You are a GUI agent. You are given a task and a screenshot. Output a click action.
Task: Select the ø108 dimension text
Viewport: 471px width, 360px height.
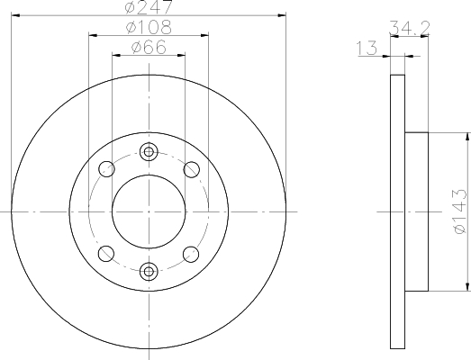(149, 28)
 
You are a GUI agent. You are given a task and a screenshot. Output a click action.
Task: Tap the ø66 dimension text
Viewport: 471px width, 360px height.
(149, 48)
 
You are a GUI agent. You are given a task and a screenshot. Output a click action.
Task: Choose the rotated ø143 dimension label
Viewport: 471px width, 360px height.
(458, 212)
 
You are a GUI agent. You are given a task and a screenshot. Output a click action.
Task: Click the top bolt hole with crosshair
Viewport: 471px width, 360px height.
(149, 152)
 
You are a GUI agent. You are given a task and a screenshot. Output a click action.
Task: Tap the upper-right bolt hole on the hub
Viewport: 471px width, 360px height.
(191, 168)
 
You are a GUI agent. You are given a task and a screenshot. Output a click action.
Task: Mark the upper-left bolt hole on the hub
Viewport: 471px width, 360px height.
(107, 168)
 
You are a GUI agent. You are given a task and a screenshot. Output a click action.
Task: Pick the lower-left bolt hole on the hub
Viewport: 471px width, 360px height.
(107, 253)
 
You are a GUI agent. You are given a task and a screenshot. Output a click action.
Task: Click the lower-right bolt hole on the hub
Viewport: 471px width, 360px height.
(191, 253)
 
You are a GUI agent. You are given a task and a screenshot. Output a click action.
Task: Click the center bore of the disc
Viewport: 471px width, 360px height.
(149, 211)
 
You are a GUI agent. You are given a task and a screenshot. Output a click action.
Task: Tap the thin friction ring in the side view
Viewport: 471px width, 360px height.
(397, 212)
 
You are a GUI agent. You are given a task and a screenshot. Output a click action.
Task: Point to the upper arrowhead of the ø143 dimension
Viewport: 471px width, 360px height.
(466, 138)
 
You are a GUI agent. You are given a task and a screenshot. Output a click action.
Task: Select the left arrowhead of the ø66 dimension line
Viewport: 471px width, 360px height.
(115, 55)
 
